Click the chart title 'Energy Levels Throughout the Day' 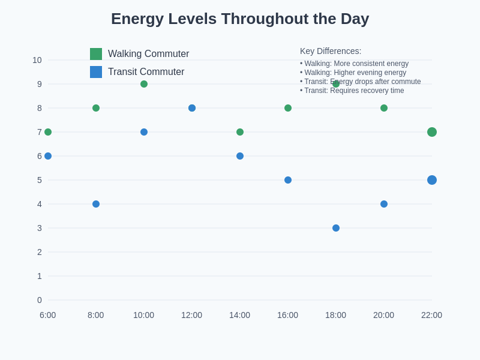tap(240, 19)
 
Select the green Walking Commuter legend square tap(96, 54)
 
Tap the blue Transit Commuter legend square tap(96, 72)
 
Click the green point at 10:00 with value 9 tap(144, 84)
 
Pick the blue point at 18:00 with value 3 tap(336, 228)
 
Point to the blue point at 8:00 tap(96, 204)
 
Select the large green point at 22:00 tap(432, 132)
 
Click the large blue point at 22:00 tap(432, 180)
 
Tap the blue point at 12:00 tap(192, 108)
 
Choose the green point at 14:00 tap(240, 132)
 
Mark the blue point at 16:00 tap(288, 180)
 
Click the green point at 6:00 tap(48, 132)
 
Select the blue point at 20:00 tap(384, 204)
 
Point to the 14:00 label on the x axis tap(239, 315)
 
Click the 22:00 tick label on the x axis tap(431, 315)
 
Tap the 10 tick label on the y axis tap(37, 60)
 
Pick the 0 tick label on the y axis tap(40, 300)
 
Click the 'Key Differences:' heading tap(331, 52)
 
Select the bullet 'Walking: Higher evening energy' tap(355, 73)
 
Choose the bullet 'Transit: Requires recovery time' tap(353, 91)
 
